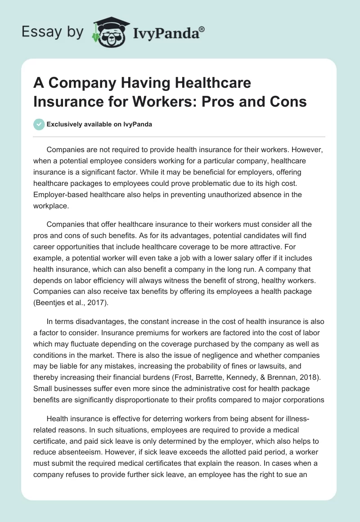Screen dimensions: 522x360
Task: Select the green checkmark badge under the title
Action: (x=39, y=124)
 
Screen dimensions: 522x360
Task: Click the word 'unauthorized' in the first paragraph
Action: (x=209, y=194)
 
